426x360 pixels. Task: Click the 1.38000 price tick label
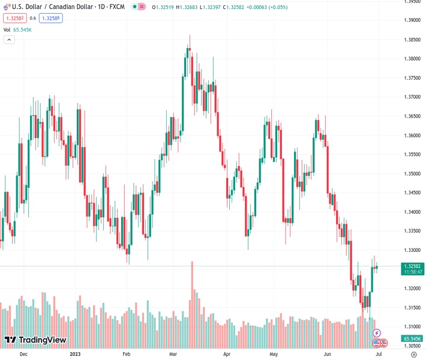coord(412,59)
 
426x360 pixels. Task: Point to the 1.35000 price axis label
coord(412,173)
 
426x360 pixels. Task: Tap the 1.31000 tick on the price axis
coord(412,326)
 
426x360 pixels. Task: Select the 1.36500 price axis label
coord(412,116)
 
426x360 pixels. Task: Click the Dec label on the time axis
coord(23,354)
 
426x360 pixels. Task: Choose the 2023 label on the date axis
coord(76,354)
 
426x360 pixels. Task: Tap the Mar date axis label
coord(173,354)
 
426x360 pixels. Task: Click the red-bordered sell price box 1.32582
coord(14,18)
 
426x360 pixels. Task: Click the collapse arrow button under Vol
coord(9,40)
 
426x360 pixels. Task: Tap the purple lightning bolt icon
coord(377,332)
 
